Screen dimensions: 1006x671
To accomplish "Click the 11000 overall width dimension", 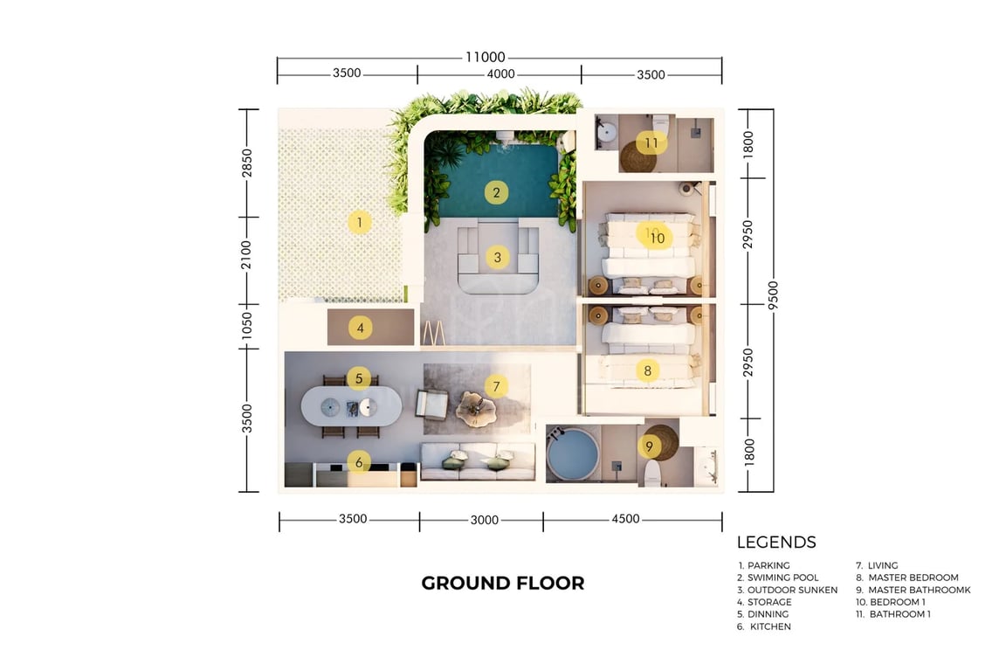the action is click(485, 57).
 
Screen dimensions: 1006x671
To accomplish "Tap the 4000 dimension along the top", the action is click(500, 74).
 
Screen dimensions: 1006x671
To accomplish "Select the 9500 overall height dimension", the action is click(773, 294).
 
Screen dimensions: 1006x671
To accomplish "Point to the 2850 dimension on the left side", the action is click(247, 163).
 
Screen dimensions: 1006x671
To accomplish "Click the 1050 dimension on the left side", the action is click(247, 326).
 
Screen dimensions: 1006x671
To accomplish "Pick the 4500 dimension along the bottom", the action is click(625, 519).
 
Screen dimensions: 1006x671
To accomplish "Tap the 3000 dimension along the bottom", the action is click(485, 520).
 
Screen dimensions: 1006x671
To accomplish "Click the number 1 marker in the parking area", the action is click(359, 222).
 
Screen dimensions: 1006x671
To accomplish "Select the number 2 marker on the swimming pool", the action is click(496, 192).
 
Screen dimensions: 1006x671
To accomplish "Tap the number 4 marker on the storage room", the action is click(360, 329).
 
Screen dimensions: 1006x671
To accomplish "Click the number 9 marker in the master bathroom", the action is click(650, 446).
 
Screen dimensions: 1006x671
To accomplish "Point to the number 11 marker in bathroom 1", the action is click(651, 142).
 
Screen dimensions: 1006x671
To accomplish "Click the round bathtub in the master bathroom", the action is click(572, 453).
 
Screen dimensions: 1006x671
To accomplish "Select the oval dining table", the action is click(352, 405).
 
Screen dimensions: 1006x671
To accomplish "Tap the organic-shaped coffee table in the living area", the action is click(475, 408).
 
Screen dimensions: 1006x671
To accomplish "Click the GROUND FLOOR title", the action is click(503, 583).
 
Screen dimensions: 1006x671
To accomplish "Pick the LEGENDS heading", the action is click(776, 542).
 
